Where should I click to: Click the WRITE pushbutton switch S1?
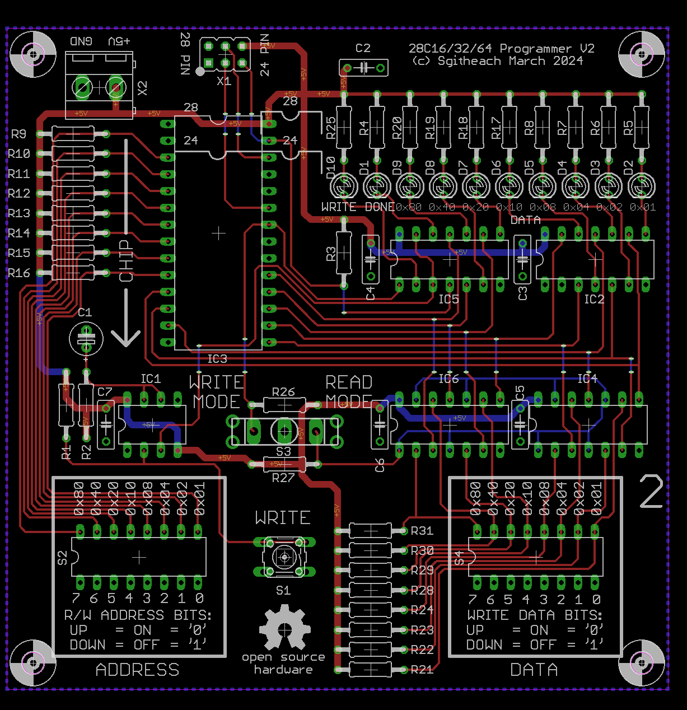(x=284, y=557)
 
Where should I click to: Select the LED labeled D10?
(x=343, y=186)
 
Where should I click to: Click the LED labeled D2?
(x=642, y=186)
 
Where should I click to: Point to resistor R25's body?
(x=343, y=128)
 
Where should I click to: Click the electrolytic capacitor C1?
(x=86, y=338)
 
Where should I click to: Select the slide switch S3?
(x=284, y=431)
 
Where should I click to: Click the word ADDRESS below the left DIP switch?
(x=138, y=670)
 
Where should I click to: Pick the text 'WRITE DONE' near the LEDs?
(x=358, y=207)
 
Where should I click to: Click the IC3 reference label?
(x=217, y=359)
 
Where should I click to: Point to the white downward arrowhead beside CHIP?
(x=125, y=338)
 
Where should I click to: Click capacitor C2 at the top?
(x=363, y=68)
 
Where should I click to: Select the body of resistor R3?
(x=344, y=254)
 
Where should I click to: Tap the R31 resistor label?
(x=422, y=531)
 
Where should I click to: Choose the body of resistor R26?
(x=284, y=404)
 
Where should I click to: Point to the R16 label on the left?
(x=19, y=273)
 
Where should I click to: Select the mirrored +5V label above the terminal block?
(x=119, y=41)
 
